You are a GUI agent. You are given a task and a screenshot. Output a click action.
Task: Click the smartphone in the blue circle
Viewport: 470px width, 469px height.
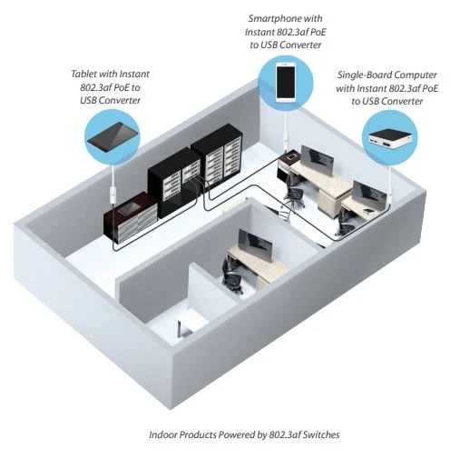(x=286, y=82)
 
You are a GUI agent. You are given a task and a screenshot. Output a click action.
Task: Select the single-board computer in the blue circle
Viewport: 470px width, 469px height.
(x=390, y=139)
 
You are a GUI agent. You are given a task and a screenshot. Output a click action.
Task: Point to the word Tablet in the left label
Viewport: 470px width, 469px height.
(x=83, y=74)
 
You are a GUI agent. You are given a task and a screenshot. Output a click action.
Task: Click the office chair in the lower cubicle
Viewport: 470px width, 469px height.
(x=231, y=277)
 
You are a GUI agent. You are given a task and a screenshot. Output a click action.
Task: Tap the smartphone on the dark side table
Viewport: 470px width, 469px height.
(x=292, y=157)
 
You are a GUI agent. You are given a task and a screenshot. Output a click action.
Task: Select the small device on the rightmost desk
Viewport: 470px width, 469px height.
(x=368, y=210)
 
